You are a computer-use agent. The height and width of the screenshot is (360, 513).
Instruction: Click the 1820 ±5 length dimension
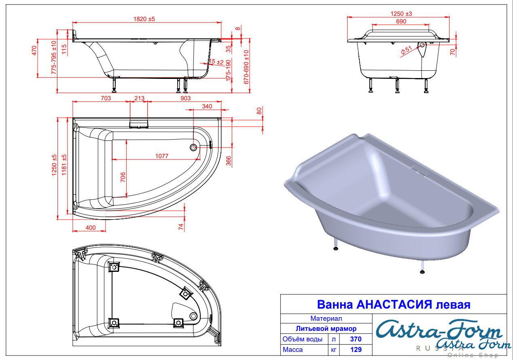144,19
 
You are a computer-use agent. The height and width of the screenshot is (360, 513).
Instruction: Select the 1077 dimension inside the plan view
162,156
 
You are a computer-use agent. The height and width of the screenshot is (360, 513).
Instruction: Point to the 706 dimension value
123,177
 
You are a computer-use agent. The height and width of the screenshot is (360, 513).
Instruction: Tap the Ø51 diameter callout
406,51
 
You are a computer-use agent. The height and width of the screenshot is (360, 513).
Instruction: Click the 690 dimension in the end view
401,21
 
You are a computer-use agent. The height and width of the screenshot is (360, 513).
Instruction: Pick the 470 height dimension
34,51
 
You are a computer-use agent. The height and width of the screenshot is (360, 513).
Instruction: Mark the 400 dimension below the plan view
91,228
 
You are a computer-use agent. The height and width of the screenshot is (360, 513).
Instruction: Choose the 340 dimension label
207,106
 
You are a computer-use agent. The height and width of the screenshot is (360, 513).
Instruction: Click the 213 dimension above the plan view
139,98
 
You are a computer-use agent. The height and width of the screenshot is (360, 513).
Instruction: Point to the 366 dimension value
229,161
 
